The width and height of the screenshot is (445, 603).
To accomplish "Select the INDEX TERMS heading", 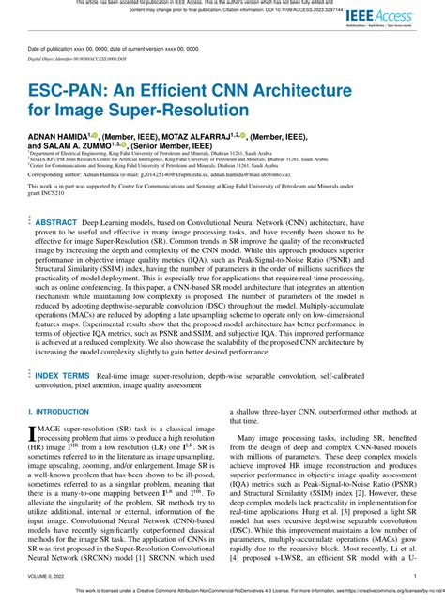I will pos(63,375).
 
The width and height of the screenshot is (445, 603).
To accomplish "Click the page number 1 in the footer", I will pos(415,577).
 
